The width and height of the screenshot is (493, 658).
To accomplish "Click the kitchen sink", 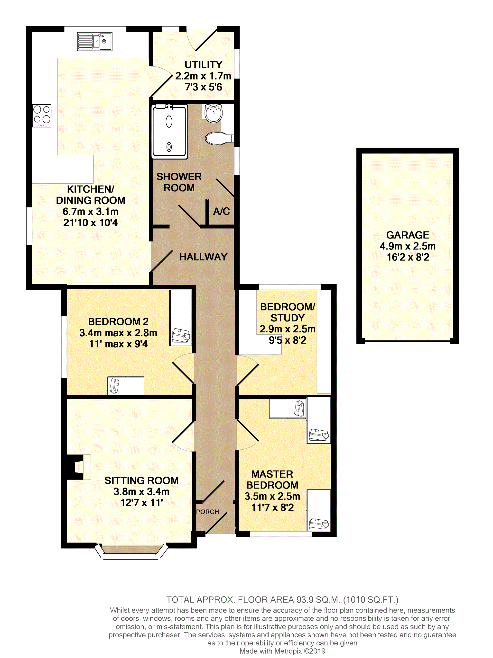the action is click(x=95, y=42).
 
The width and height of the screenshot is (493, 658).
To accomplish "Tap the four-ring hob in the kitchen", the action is click(x=42, y=116).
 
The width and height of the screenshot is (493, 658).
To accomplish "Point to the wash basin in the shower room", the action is click(x=214, y=113).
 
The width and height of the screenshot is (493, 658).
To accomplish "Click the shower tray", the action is click(x=169, y=131).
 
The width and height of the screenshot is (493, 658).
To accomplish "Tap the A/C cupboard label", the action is click(x=221, y=211).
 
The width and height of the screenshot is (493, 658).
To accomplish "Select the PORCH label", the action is click(x=207, y=512).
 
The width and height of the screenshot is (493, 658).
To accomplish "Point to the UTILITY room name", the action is click(x=204, y=64).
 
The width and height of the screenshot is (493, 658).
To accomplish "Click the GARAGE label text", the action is click(x=408, y=235).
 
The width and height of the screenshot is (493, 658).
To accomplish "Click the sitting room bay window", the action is click(x=130, y=553).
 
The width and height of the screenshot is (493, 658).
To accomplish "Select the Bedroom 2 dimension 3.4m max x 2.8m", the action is click(x=118, y=333).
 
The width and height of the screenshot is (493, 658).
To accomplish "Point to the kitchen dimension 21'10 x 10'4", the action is click(x=90, y=222).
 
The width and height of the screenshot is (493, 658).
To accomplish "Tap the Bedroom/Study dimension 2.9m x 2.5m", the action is click(x=287, y=329).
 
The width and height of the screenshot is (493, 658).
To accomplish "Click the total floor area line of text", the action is click(x=282, y=599).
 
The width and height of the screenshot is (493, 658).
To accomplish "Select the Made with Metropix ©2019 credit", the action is click(x=282, y=651).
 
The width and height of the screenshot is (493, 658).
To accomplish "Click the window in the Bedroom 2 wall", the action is click(x=64, y=347).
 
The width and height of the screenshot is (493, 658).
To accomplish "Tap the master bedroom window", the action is click(x=281, y=534).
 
